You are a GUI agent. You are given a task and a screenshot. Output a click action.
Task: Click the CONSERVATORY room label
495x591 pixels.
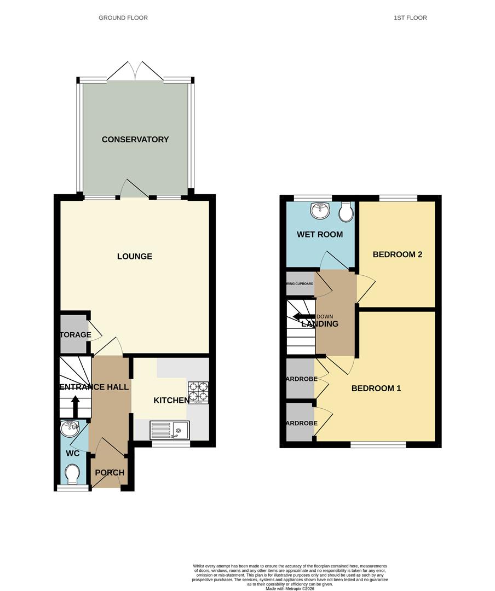[135, 140]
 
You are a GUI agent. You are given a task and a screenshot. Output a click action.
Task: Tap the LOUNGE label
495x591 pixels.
[134, 257]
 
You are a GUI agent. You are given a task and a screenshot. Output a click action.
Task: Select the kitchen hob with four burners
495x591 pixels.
[198, 392]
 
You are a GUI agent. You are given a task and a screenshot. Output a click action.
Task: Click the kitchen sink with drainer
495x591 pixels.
[169, 430]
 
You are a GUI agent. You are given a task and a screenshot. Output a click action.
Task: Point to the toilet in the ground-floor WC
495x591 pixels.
[71, 473]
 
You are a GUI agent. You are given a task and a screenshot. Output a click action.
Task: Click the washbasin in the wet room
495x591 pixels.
[319, 210]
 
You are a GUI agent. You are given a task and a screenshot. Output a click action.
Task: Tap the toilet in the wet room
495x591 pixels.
[346, 212]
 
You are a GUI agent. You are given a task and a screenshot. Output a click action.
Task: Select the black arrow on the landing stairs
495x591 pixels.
[300, 316]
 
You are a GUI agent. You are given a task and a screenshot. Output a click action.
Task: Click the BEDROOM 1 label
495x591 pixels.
[376, 389]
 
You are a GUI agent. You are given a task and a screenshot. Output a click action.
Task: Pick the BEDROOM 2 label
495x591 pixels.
[397, 254]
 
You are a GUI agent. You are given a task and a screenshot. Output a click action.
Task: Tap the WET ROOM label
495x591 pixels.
[320, 235]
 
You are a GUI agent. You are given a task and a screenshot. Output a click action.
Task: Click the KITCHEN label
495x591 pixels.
[171, 401]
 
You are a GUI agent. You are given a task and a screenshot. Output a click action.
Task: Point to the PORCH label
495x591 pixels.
[110, 473]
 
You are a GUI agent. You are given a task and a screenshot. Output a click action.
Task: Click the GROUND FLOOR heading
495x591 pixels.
[123, 18]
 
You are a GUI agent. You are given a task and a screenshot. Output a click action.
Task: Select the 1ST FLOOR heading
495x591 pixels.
[410, 18]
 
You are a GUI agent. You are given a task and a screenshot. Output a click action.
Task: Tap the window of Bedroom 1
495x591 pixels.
[378, 445]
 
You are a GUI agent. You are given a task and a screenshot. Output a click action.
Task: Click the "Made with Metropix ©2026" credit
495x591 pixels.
[290, 588]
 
